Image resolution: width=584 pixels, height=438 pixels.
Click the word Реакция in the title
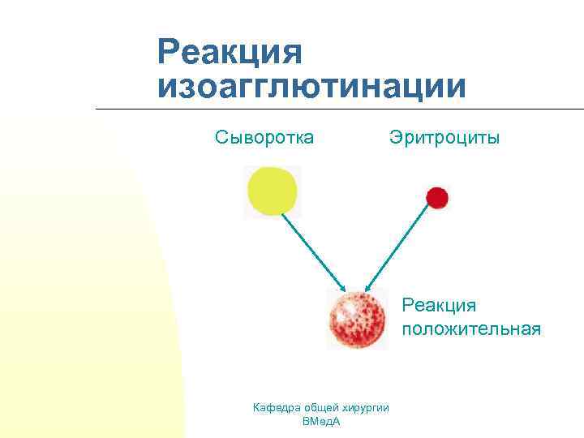click(230, 54)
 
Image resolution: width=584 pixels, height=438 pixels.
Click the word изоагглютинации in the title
click(313, 87)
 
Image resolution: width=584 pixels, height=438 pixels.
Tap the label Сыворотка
click(264, 137)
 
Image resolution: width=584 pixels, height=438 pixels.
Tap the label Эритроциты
click(444, 137)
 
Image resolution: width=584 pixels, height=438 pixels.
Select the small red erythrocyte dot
click(437, 197)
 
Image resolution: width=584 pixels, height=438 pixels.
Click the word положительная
click(471, 328)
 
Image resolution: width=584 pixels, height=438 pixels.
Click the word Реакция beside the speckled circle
click(439, 306)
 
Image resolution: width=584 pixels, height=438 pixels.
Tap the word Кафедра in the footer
click(277, 407)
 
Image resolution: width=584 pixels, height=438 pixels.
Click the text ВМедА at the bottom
click(320, 422)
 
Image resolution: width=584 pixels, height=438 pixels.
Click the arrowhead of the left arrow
click(343, 288)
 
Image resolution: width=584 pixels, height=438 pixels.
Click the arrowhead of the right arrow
click(368, 287)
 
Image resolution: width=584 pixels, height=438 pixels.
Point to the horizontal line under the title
click(341, 109)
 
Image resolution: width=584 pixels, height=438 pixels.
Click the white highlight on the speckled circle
click(347, 308)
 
